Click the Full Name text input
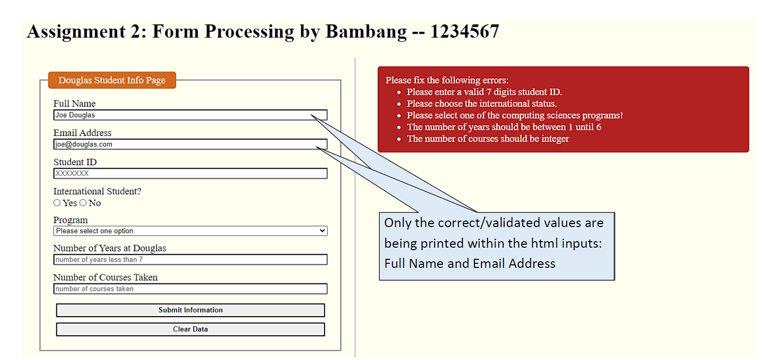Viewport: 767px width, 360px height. click(x=190, y=115)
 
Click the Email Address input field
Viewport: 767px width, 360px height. click(x=190, y=144)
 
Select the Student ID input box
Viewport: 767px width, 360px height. click(x=190, y=173)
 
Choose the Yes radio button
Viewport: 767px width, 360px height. click(x=57, y=203)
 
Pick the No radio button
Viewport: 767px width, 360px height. click(x=83, y=203)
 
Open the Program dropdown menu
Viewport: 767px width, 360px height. click(x=190, y=231)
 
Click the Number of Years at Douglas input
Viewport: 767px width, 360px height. click(x=190, y=259)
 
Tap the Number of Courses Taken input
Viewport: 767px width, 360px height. click(x=190, y=289)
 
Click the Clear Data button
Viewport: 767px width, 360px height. click(x=190, y=329)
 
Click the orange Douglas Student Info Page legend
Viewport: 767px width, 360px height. click(x=112, y=80)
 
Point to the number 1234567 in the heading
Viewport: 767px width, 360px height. click(x=464, y=32)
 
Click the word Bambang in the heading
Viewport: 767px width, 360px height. click(x=366, y=32)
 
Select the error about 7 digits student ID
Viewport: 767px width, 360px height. click(x=484, y=92)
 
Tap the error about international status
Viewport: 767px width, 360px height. click(x=482, y=103)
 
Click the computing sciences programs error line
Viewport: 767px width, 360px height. click(x=515, y=115)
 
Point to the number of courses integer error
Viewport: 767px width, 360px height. click(x=488, y=138)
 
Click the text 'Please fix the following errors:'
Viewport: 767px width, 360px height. click(x=447, y=80)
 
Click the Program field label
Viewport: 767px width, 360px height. click(x=71, y=220)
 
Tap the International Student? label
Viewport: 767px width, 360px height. click(x=97, y=191)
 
